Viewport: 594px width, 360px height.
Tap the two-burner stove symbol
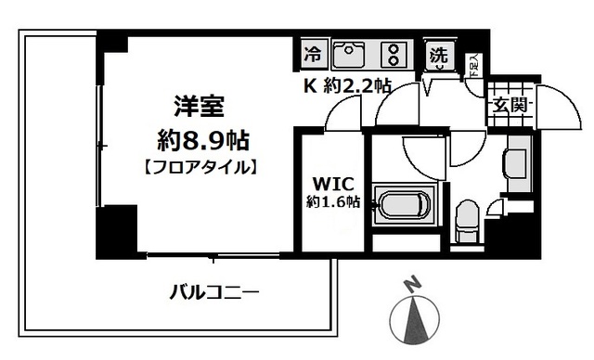394,54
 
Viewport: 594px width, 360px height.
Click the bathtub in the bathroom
403,206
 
